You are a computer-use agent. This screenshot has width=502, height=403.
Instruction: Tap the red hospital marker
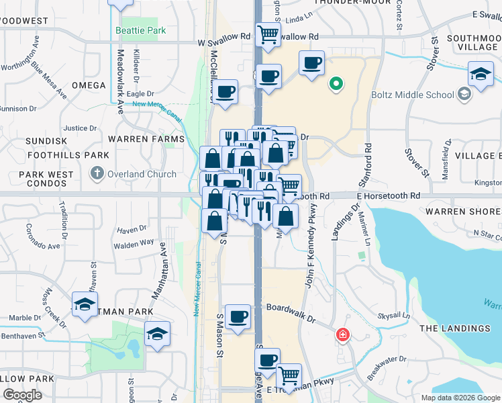coord(343,334)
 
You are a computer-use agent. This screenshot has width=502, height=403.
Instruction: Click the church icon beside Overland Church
coord(97,174)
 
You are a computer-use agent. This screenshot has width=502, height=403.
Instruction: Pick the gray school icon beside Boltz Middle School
coord(463,95)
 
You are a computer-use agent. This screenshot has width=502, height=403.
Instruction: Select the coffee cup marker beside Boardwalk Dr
coord(237,316)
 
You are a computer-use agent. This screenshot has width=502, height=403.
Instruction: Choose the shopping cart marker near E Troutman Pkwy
coord(289,375)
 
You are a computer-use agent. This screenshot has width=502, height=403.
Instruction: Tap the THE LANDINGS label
coord(455,328)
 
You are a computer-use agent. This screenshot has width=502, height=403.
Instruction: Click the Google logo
coord(22,396)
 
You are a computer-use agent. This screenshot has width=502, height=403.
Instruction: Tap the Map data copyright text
coord(460,398)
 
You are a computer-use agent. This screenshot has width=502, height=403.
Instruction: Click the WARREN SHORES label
coord(463,212)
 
